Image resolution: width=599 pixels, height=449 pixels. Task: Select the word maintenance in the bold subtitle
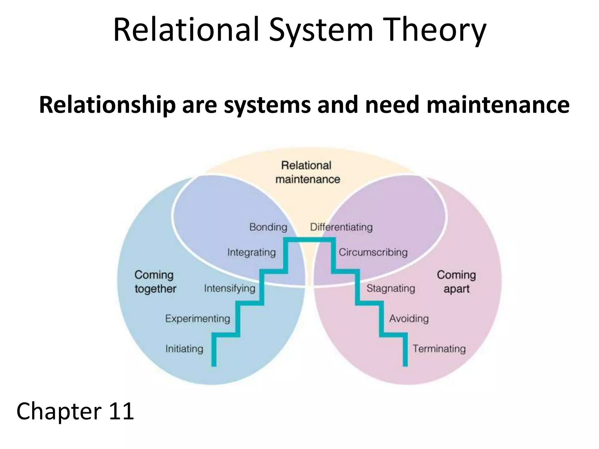tap(498, 105)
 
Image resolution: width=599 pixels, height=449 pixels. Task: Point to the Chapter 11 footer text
tap(75, 411)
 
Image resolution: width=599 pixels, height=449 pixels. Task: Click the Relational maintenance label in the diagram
tap(307, 172)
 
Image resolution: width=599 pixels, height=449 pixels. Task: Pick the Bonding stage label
tap(268, 227)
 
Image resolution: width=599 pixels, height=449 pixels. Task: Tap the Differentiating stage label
tap(341, 227)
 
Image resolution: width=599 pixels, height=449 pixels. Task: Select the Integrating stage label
tap(252, 252)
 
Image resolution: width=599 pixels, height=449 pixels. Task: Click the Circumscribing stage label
tap(373, 252)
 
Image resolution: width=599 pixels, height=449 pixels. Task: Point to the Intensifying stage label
tap(230, 289)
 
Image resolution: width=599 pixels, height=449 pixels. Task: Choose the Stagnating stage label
tap(391, 289)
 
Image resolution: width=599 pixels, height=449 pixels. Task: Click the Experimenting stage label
tap(198, 319)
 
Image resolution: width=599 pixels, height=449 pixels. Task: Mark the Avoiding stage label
tap(409, 319)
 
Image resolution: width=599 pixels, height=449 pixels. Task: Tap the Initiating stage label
tap(184, 349)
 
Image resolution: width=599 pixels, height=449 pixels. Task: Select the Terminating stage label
tap(439, 349)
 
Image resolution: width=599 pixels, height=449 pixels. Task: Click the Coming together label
tap(155, 282)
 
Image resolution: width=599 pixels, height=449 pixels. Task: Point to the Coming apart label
tap(456, 282)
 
